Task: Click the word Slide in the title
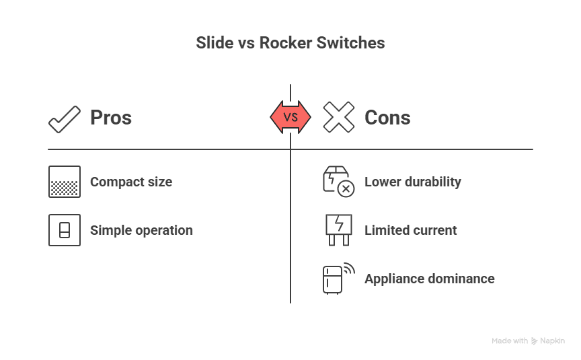[x=211, y=43]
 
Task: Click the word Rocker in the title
[x=275, y=43]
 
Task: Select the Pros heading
[x=111, y=118]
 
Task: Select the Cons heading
[x=387, y=118]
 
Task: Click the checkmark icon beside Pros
[x=65, y=118]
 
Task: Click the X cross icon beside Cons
[x=338, y=118]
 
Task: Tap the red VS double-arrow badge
[x=290, y=117]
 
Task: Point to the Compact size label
[x=131, y=182]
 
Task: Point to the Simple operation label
[x=141, y=230]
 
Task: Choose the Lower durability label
[x=413, y=182]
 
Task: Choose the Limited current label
[x=411, y=230]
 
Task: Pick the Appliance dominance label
[x=430, y=279]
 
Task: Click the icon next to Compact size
[x=65, y=182]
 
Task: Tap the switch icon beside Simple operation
[x=65, y=230]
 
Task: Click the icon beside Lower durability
[x=338, y=182]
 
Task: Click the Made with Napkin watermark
[x=528, y=340]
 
